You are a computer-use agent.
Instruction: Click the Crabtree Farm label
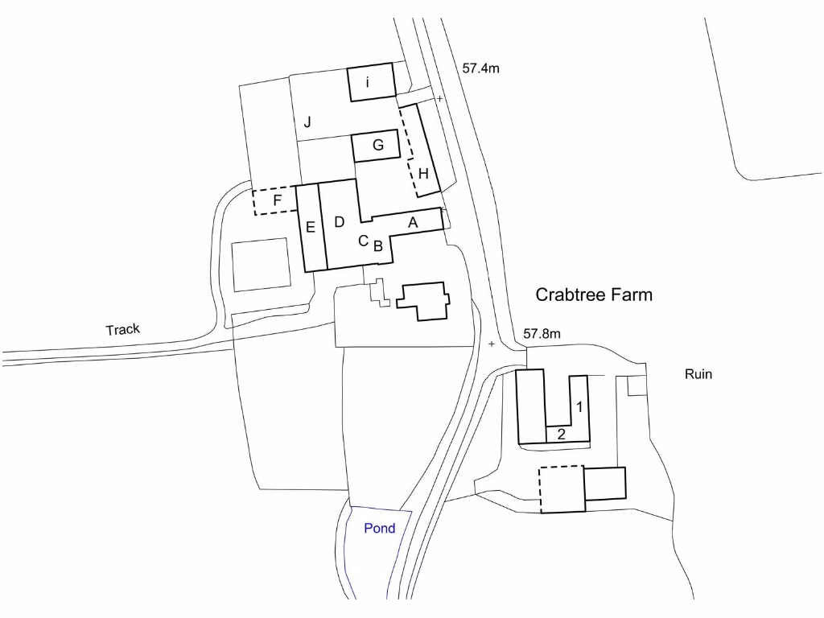594,295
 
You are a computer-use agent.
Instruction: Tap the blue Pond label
380,528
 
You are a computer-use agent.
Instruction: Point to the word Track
123,329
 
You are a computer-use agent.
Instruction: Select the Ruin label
698,374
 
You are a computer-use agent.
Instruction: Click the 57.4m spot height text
481,68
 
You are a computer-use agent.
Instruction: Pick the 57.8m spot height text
542,334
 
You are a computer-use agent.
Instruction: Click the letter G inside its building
378,145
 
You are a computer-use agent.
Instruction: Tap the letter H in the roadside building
423,174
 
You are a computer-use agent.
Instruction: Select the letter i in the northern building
367,82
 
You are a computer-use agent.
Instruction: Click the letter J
307,122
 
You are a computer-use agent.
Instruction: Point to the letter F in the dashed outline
278,200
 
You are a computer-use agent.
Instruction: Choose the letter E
310,227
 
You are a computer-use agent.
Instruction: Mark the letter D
340,222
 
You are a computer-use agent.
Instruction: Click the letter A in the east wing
413,223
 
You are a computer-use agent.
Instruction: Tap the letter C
363,241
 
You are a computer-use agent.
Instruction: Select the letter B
378,245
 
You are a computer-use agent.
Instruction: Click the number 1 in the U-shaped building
579,406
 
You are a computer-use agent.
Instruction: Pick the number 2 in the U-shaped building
561,434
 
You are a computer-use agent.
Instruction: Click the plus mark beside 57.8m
492,344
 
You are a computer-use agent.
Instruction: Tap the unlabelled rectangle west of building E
262,264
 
